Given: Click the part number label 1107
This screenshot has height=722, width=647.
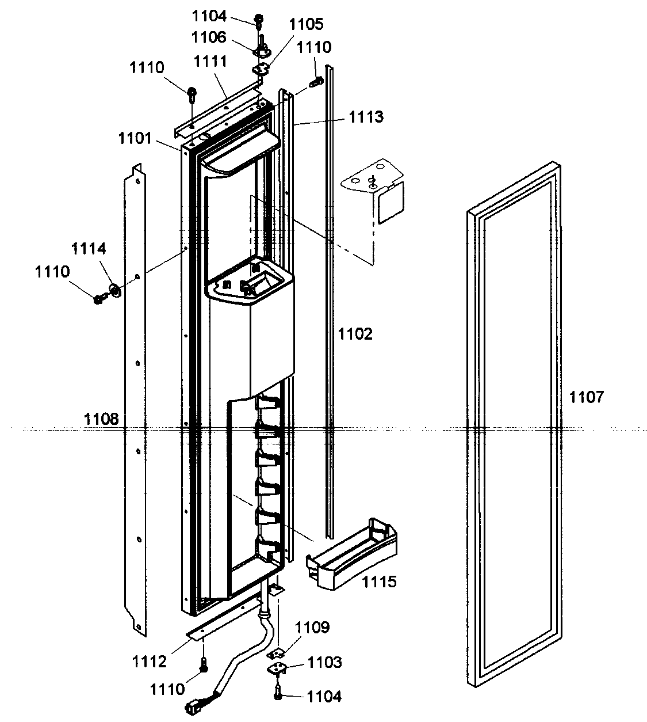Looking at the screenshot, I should (587, 397).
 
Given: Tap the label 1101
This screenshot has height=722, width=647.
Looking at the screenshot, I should (135, 138).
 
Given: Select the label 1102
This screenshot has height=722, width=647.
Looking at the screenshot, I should (355, 334).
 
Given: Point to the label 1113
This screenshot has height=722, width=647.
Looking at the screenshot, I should (366, 117).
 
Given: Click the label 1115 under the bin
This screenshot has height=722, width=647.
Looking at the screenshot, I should (379, 582).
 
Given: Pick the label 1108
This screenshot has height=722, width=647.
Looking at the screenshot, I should (101, 419).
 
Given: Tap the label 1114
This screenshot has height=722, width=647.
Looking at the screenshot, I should (89, 249).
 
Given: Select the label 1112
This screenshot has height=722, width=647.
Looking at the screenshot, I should (150, 662).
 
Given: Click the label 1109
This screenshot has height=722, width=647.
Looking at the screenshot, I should (313, 628).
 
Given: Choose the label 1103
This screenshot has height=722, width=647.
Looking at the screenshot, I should (326, 662).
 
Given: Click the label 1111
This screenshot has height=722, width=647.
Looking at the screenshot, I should (210, 61).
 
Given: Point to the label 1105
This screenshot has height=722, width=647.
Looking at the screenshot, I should (306, 24).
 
